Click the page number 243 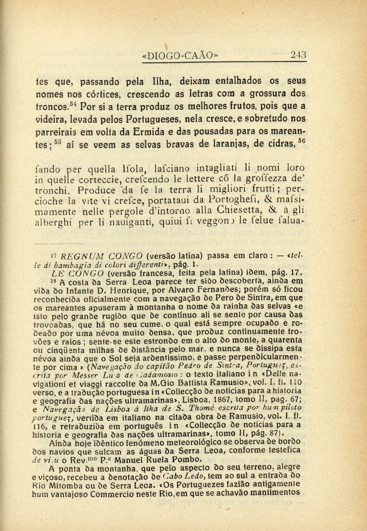(298, 55)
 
